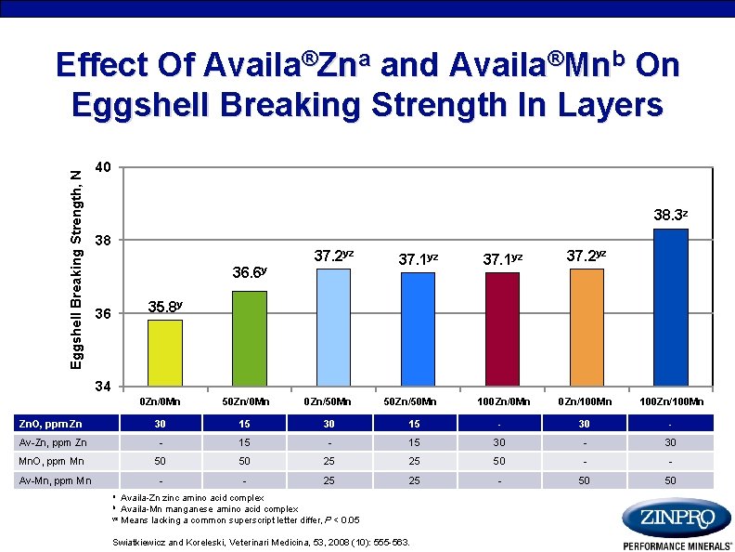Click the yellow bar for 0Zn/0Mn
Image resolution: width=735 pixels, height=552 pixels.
coord(164,352)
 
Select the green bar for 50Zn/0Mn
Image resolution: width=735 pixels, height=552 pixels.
coord(250,338)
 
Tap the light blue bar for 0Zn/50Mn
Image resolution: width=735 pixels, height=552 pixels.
coord(332,327)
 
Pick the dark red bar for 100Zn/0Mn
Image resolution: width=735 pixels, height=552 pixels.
coord(502,329)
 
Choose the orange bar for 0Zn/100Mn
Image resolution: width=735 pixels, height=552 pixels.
coord(587,327)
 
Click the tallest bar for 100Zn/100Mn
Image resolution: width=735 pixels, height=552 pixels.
coord(670,307)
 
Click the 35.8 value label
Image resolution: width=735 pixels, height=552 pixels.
coord(164,307)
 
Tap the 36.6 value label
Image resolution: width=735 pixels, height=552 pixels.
coord(250,272)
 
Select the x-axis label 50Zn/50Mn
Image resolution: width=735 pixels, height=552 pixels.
coord(417,401)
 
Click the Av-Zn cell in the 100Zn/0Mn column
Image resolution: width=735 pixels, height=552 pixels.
coord(502,443)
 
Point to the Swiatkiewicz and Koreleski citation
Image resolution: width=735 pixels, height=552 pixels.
coord(261,542)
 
